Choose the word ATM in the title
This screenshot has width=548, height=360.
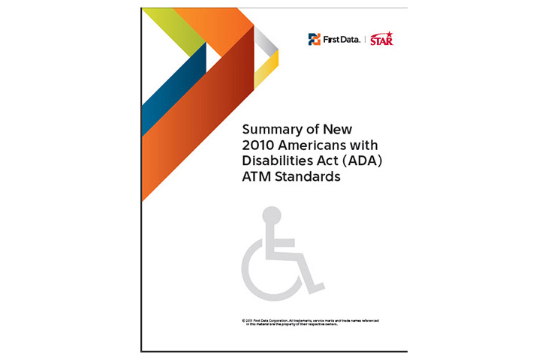256,177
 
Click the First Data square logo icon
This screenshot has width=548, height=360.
314,40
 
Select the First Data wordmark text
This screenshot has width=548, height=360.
341,40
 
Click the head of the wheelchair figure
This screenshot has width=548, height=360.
271,215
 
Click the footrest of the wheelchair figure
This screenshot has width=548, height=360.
315,286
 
